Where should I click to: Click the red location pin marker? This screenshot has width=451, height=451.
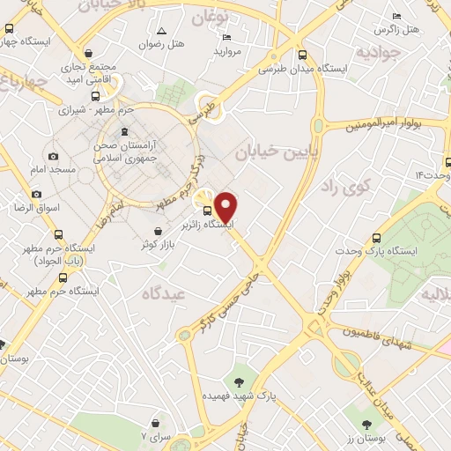[x=226, y=207]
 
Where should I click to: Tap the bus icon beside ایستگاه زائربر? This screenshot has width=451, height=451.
[x=208, y=211]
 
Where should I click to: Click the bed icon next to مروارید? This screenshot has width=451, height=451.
[x=226, y=37]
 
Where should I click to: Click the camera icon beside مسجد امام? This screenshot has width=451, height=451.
[x=54, y=155]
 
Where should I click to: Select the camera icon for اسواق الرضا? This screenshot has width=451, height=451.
[x=36, y=194]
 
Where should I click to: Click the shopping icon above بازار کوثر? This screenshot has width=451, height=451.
[x=157, y=231]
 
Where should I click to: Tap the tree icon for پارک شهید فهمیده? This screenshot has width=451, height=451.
[x=239, y=381]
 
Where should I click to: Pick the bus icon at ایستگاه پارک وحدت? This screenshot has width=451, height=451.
[x=378, y=237]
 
